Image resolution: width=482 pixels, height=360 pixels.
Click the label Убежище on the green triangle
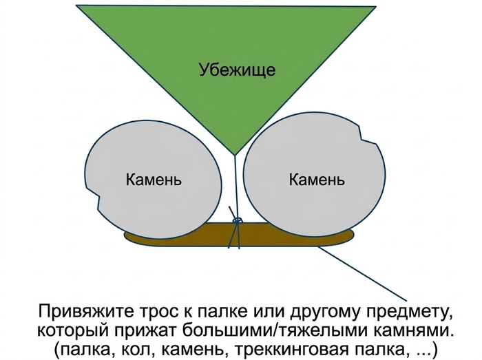coord(237,70)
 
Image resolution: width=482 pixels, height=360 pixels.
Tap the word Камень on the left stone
coord(154,179)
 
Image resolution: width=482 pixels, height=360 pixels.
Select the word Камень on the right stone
coord(317,179)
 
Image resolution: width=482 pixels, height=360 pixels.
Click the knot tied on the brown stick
coord(237,220)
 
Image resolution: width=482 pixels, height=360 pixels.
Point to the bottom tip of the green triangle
coord(235,154)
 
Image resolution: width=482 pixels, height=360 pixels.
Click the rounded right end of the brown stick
coord(350,236)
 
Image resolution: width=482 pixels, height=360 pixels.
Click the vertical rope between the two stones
coord(235,187)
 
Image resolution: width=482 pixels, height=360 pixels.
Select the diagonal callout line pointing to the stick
coord(362,273)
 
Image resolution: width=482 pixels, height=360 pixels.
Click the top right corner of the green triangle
coord(376,6)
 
